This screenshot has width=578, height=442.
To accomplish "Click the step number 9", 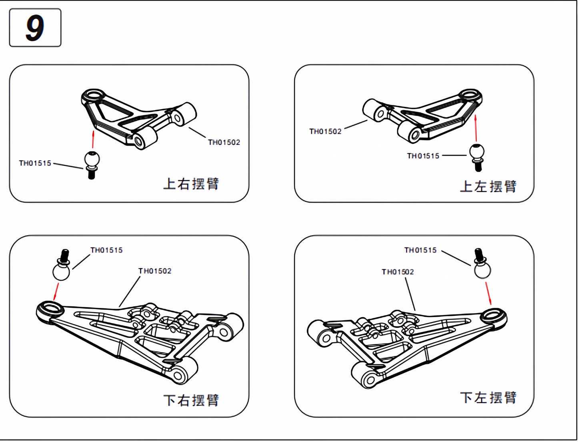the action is click(35, 28).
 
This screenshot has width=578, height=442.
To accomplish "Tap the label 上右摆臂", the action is click(191, 184).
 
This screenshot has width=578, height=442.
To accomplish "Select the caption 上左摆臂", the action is click(488, 186).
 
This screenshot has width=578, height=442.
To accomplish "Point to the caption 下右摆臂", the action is click(191, 400).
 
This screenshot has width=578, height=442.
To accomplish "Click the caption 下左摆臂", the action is click(488, 398).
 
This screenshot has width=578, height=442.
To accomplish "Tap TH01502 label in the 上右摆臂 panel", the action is click(224, 142).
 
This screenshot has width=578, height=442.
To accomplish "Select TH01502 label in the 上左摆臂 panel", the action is click(325, 131).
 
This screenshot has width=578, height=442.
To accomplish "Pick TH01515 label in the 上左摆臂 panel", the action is click(423, 156).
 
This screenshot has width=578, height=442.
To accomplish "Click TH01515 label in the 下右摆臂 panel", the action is click(107, 250).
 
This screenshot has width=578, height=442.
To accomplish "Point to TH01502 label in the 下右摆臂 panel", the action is click(155, 271).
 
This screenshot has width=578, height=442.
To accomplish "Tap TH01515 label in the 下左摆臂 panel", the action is click(420, 250).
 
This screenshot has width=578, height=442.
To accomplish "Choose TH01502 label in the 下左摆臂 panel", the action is click(398, 271).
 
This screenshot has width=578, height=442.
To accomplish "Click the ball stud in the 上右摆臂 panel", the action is click(92, 165).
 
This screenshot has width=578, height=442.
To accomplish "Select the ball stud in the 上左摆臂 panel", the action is click(477, 158).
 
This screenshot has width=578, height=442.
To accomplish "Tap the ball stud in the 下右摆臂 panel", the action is click(62, 265).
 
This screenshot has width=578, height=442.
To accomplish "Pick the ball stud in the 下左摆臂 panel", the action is click(482, 263).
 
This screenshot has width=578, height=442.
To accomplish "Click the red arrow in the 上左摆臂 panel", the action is click(476, 128).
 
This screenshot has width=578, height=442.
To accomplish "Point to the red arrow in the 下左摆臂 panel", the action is click(488, 293).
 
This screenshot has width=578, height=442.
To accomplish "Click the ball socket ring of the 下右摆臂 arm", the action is click(50, 309).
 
